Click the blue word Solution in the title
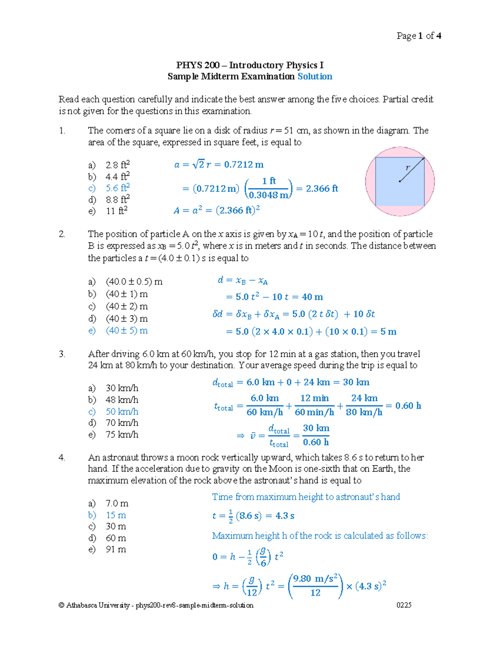click(315, 76)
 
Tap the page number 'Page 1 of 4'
click(419, 36)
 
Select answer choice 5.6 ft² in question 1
click(117, 188)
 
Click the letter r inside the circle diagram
click(407, 167)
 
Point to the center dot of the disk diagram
click(400, 181)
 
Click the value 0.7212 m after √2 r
click(244, 165)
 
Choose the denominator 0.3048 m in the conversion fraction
click(269, 195)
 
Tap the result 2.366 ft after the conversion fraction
click(322, 189)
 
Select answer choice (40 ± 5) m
click(127, 330)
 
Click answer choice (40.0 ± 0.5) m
click(134, 282)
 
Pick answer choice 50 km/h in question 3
click(122, 412)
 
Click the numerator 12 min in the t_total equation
click(315, 398)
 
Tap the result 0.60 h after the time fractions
click(408, 406)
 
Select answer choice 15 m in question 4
click(116, 515)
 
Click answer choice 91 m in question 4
click(116, 550)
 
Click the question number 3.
click(62, 354)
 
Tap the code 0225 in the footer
click(404, 605)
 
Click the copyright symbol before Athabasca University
click(62, 605)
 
